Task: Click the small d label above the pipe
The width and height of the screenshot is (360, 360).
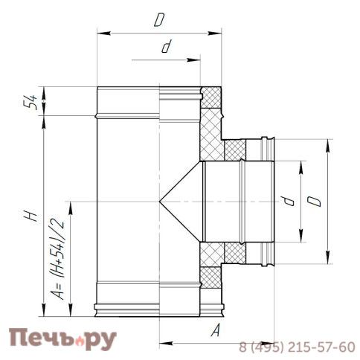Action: [x=166, y=48]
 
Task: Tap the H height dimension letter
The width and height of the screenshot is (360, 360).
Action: [x=28, y=216]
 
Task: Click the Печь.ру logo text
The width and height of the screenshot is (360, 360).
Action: [x=63, y=338]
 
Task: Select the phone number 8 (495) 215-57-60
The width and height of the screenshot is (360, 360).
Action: [x=297, y=347]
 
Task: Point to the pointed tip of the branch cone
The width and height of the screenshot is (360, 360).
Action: [x=160, y=202]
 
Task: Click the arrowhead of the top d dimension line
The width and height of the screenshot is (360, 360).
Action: [x=132, y=59]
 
